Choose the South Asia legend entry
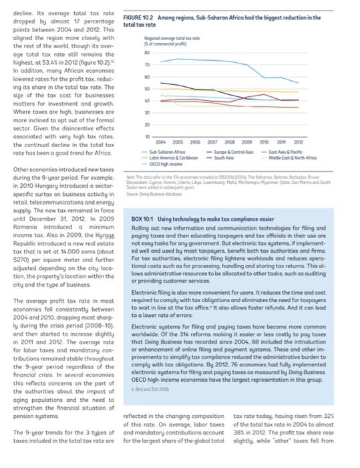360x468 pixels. click(x=226, y=156)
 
